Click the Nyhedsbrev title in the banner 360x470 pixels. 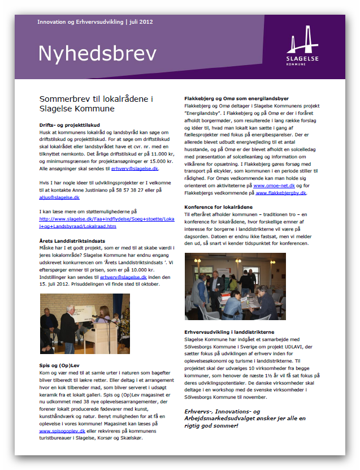pos(97,54)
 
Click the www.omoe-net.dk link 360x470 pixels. pos(274,185)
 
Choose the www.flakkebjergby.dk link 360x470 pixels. pos(281,192)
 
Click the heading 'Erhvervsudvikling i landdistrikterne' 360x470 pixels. pos(230,331)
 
